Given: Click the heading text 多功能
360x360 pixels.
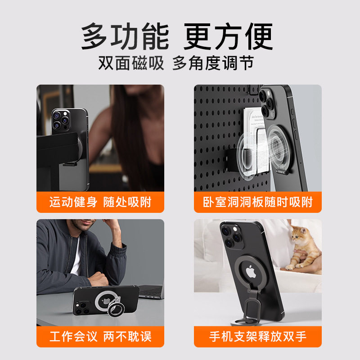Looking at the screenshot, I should click(125, 36).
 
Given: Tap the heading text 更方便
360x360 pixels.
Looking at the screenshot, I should click(229, 36).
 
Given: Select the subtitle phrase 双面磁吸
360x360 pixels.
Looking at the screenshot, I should click(131, 63).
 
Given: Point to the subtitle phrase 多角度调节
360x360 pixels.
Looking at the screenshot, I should click(213, 63).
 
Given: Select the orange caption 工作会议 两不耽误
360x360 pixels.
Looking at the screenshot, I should click(100, 336).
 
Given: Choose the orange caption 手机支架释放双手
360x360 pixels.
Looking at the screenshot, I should click(258, 336).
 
